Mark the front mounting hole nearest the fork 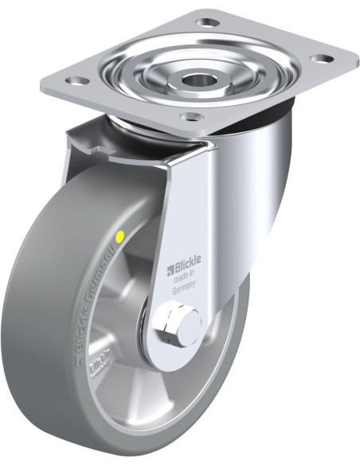[x=190, y=116]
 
